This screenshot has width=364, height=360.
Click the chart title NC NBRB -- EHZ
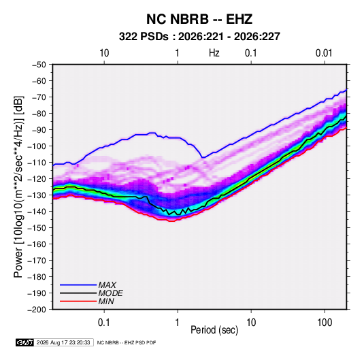199,19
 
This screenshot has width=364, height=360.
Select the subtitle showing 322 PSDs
199,37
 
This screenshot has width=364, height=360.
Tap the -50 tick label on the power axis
39,65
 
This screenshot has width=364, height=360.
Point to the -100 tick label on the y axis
37,146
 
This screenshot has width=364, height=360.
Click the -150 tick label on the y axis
37,228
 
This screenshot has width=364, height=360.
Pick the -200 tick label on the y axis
37,310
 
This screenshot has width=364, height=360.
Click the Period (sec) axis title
214,330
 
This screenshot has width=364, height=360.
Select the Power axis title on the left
18,187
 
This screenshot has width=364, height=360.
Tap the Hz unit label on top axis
214,53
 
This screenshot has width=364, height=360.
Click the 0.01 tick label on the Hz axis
324,53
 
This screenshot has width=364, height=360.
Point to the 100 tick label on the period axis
325,323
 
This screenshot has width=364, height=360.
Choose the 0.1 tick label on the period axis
104,323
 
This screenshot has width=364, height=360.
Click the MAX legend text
107,285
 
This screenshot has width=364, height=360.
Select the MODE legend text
110,293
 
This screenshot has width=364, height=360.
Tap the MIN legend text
106,301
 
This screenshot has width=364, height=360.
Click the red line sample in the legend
78,301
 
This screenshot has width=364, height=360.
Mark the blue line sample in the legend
78,285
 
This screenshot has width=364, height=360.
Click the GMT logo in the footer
24,342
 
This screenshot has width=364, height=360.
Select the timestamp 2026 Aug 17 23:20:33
63,342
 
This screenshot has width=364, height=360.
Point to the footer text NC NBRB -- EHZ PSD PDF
127,342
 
